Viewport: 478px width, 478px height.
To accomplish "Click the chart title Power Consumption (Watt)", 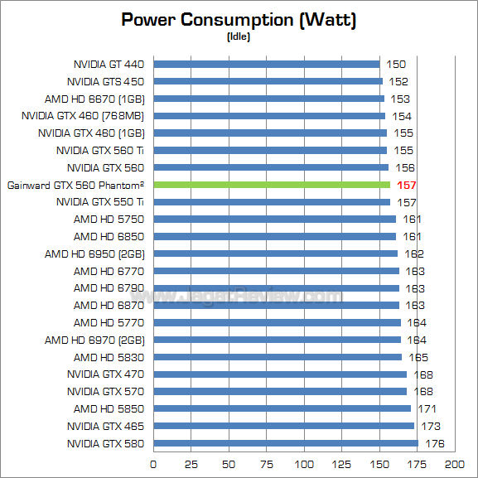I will click(x=239, y=20).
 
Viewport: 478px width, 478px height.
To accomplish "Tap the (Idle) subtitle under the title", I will click(x=239, y=36).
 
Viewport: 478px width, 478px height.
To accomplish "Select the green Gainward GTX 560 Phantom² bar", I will click(x=272, y=185).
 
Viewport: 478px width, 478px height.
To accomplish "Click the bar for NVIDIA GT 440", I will click(x=266, y=64).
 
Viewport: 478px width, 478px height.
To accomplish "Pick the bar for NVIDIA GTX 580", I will click(x=286, y=443).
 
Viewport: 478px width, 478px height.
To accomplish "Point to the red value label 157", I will click(x=407, y=185).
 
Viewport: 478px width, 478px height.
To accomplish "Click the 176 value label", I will click(x=435, y=443).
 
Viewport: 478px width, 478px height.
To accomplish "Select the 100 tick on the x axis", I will click(x=304, y=463).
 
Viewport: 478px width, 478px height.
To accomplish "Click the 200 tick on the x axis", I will click(x=455, y=463).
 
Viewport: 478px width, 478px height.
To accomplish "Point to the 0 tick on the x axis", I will click(x=153, y=463).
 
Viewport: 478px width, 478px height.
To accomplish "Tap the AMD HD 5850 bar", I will click(x=282, y=408).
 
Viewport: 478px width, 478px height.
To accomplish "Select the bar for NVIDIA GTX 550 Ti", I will click(x=272, y=202).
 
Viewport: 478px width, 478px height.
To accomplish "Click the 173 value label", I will click(x=431, y=426).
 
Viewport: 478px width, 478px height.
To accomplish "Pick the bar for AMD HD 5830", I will click(x=278, y=357).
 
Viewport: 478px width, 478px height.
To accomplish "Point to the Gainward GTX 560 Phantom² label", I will click(x=75, y=185).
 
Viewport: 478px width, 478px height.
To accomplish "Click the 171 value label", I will click(x=427, y=408).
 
